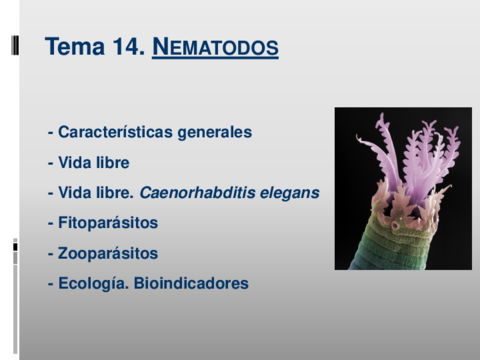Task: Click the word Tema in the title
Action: click(75, 46)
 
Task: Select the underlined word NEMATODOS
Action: click(215, 47)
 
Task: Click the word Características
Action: click(115, 132)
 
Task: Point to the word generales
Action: click(215, 133)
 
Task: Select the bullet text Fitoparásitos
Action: click(108, 223)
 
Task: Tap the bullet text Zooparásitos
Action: click(108, 253)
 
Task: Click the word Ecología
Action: click(93, 284)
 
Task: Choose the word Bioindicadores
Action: click(191, 283)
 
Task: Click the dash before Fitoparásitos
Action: click(51, 224)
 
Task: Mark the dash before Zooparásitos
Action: click(51, 254)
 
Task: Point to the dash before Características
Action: click(51, 133)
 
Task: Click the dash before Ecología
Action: click(51, 285)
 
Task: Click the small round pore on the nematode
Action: click(396, 226)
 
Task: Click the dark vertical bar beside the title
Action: click(15, 45)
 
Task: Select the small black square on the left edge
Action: click(15, 247)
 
